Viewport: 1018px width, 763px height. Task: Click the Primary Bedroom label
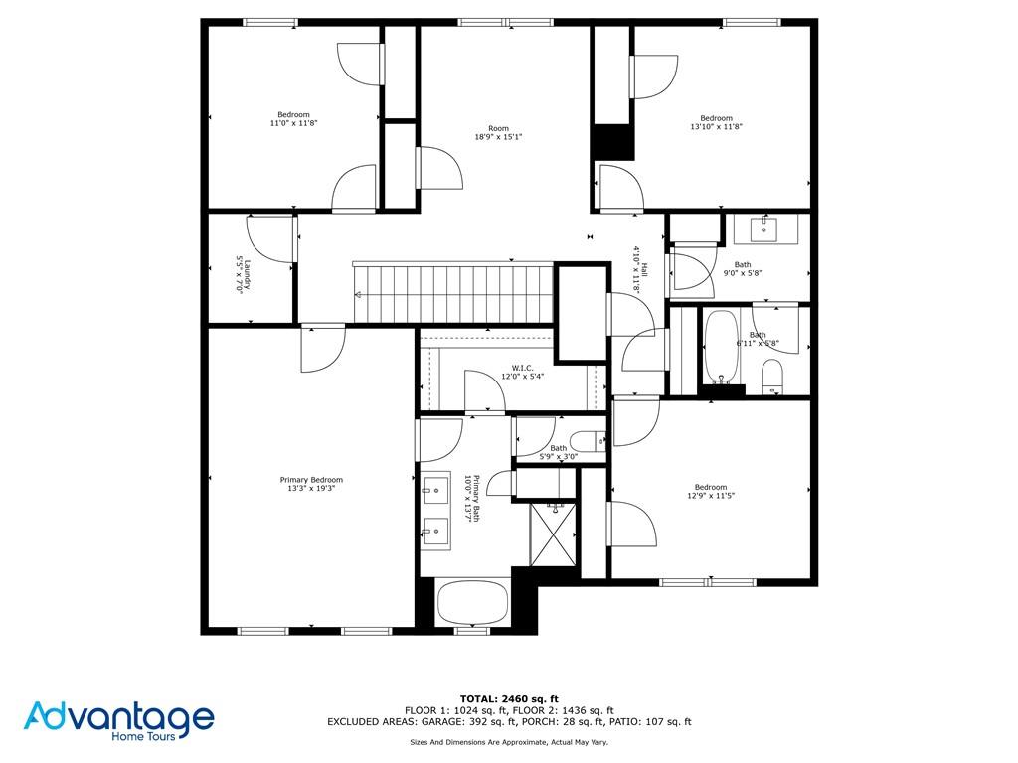pyautogui.click(x=311, y=480)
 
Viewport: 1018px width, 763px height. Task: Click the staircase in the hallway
pyautogui.click(x=452, y=292)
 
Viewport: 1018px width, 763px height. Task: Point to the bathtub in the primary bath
pyautogui.click(x=473, y=602)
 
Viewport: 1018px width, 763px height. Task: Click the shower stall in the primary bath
pyautogui.click(x=554, y=534)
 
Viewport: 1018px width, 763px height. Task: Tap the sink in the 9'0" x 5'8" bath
pyautogui.click(x=763, y=230)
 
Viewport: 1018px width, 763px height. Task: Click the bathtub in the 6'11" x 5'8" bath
pyautogui.click(x=721, y=348)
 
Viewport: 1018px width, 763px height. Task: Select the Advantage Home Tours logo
pyautogui.click(x=119, y=720)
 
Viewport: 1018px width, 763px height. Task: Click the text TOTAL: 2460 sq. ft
pyautogui.click(x=509, y=698)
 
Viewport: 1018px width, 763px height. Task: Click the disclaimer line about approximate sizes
pyautogui.click(x=509, y=742)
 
